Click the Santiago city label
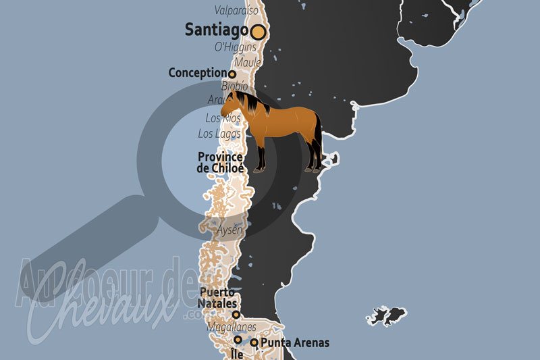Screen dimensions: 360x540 point(216,30)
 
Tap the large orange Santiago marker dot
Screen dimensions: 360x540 point(258,31)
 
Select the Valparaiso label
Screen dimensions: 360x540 point(236,10)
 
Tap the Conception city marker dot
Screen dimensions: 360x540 point(232,74)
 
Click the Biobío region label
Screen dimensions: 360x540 point(234,86)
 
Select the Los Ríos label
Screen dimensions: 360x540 point(223,119)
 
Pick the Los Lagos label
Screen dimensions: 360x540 point(219,134)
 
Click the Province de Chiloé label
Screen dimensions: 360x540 point(220,162)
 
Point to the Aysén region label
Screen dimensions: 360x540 point(230,230)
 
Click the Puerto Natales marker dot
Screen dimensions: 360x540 point(236,315)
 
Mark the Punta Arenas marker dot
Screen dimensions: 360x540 point(254,343)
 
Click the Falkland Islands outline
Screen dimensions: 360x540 point(387,315)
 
